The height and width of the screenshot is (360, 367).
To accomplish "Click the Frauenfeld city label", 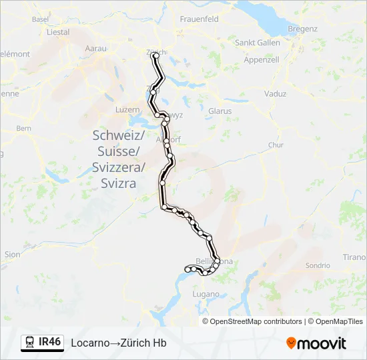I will point(199,19).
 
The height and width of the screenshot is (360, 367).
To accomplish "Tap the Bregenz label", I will point(302,29).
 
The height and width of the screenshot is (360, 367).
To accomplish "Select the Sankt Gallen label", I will point(258,43).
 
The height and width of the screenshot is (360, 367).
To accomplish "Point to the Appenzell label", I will point(262,59).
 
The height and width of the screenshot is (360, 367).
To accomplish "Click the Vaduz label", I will point(276,94).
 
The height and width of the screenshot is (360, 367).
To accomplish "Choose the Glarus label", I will point(220,111).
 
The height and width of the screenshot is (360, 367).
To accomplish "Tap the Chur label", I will point(276,145).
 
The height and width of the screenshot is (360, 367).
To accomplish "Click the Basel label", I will point(41,19).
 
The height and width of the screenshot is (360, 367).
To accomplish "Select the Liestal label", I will point(59,32).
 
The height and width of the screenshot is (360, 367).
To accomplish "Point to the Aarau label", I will point(97,49).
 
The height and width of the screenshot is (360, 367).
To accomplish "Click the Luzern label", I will point(127,109).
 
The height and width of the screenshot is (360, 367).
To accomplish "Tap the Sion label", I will point(12,255).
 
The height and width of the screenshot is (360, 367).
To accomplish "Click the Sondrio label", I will point(318,265).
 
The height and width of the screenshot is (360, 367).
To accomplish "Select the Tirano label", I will point(354,257).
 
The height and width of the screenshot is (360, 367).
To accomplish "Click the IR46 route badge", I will point(42,343).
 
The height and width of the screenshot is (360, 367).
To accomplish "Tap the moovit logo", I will point(316,343).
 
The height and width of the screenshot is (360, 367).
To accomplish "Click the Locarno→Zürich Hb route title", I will point(119,343).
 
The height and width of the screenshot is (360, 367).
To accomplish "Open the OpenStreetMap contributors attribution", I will point(256,321).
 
